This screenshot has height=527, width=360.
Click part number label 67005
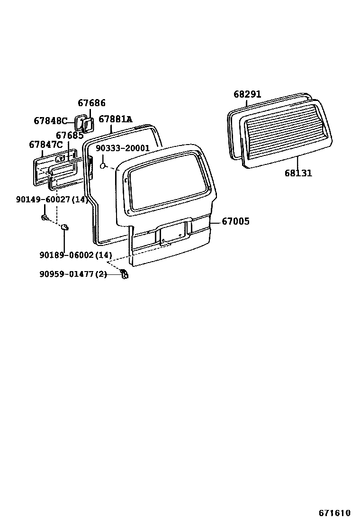235,221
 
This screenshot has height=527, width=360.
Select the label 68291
247,94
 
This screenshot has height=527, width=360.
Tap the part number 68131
298,173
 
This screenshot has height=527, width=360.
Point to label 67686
91,103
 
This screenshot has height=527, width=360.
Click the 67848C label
51,121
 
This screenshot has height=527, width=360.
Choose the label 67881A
115,119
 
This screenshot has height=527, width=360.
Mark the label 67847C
46,145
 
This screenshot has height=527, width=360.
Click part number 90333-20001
122,148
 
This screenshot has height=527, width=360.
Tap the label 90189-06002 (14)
76,255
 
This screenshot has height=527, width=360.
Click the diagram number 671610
334,513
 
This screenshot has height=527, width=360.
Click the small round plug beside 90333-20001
103,166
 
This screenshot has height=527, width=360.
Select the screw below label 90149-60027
45,218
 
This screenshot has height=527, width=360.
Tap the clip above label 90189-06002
65,228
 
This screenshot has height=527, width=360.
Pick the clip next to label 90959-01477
124,273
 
